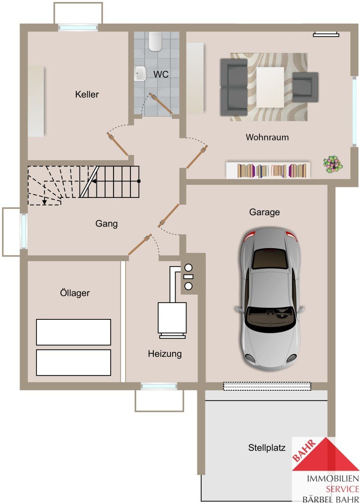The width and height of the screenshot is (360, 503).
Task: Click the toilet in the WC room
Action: [155, 41]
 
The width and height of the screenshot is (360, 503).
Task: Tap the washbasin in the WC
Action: [140, 73]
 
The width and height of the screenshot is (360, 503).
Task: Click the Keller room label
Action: [87, 94]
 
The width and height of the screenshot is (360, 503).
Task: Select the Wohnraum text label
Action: [267, 137]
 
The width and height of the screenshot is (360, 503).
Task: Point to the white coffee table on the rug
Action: [270, 87]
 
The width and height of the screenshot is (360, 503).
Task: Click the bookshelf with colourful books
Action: [268, 171]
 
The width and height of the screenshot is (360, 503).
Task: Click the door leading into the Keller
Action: [117, 144]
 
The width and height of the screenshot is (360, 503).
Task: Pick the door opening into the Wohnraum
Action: [197, 157]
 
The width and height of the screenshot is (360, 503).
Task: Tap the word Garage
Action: [264, 212]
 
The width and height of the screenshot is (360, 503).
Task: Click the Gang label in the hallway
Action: [106, 224]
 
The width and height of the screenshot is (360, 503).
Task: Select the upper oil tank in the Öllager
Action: [73, 332]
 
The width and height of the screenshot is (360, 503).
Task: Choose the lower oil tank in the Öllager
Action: [73, 363]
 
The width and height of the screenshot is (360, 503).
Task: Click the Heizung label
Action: [165, 354]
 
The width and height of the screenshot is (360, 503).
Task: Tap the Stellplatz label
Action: [267, 448]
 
